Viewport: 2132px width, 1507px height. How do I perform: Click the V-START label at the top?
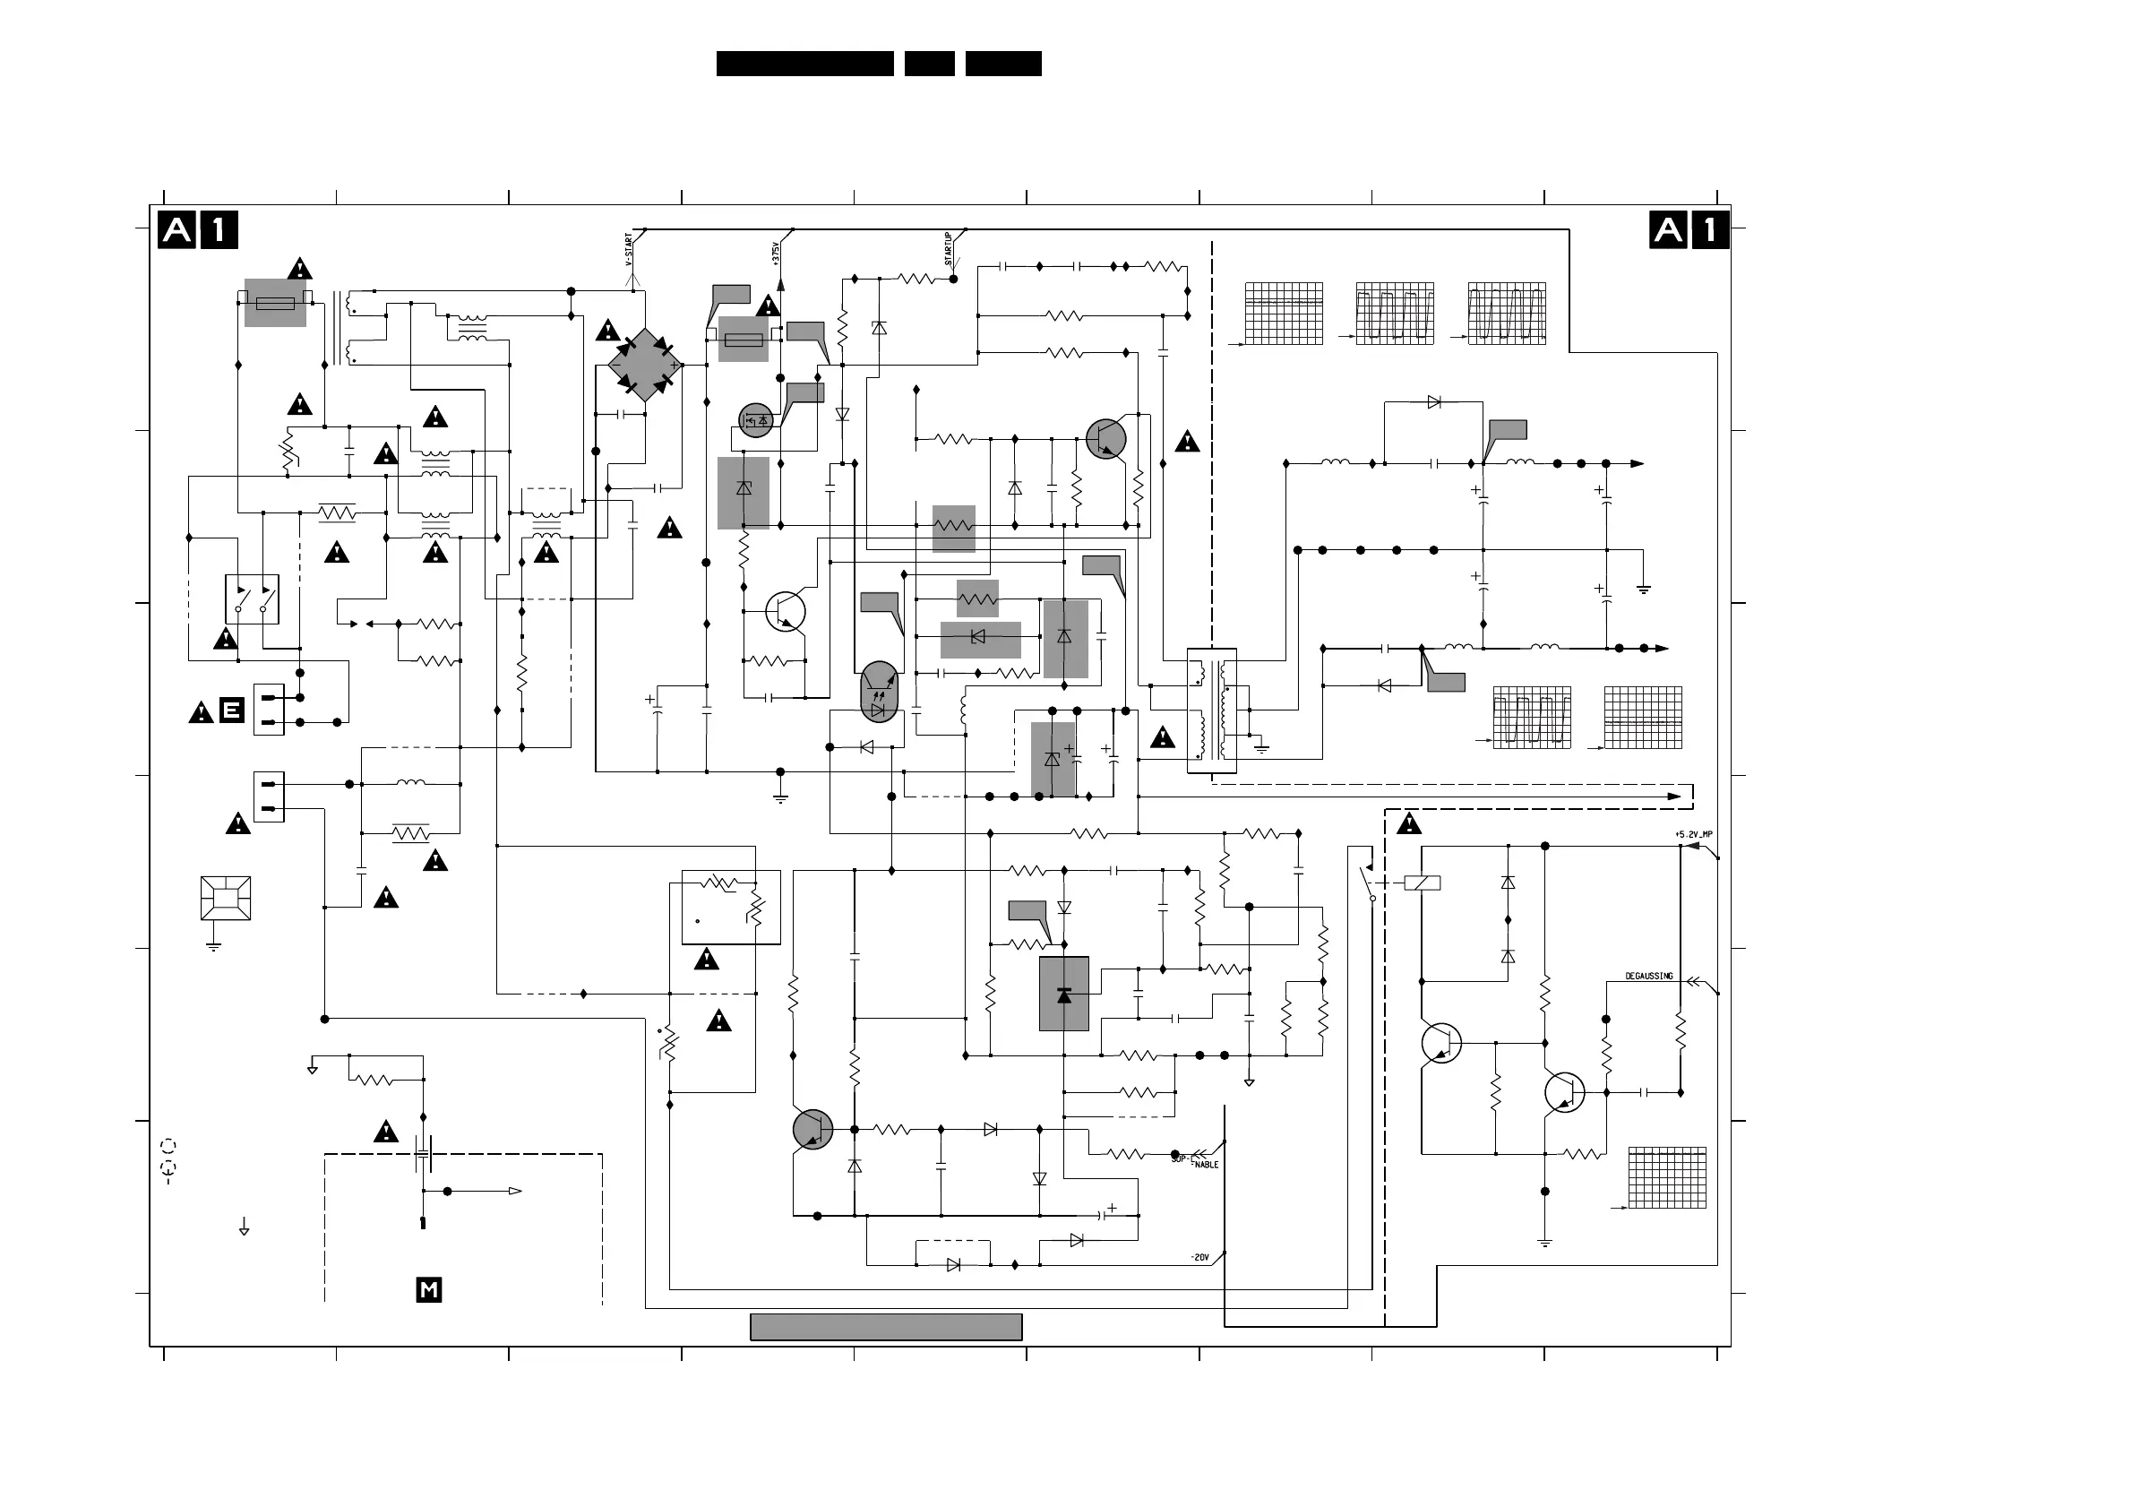[629, 249]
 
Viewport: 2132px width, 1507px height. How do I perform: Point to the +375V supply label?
[776, 254]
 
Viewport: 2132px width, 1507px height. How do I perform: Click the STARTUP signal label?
[948, 249]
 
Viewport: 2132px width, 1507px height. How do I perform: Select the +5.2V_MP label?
[1694, 835]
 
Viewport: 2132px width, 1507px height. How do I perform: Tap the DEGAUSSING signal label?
[1648, 976]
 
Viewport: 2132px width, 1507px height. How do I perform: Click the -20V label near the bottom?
[1199, 1258]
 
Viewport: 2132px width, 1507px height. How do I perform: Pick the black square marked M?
[429, 1289]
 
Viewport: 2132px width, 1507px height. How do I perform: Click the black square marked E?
[231, 710]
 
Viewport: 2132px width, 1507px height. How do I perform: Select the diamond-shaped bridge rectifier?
[645, 365]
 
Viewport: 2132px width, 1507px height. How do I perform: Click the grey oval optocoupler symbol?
[879, 692]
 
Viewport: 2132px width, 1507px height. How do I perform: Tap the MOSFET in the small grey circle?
[756, 420]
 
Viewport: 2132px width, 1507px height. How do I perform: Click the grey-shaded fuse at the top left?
[275, 303]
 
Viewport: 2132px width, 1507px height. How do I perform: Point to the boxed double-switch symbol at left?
[252, 598]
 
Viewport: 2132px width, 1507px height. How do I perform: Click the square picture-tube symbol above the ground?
[226, 898]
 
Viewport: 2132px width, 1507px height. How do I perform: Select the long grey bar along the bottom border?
[886, 1327]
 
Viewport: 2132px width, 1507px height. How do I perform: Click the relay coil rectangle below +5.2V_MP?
[1422, 883]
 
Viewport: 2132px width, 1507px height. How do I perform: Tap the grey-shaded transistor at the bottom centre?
[812, 1129]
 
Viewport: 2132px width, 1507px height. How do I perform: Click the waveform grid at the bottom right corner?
[1667, 1177]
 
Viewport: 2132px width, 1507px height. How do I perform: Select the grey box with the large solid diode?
[1063, 995]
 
